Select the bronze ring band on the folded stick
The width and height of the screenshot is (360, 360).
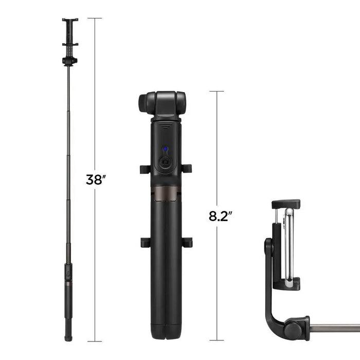(166, 192)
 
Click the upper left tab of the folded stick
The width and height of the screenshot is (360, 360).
(145, 169)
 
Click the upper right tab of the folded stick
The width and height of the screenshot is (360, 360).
(187, 169)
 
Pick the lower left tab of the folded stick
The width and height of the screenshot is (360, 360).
(145, 242)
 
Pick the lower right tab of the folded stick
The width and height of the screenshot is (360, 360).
(187, 242)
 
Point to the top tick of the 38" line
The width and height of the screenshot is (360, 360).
(95, 19)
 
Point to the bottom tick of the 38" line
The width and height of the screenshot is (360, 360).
(95, 341)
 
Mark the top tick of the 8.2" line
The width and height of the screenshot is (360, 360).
(217, 92)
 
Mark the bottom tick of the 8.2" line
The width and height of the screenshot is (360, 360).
(217, 340)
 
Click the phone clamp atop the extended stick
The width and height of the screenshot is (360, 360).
(70, 32)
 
